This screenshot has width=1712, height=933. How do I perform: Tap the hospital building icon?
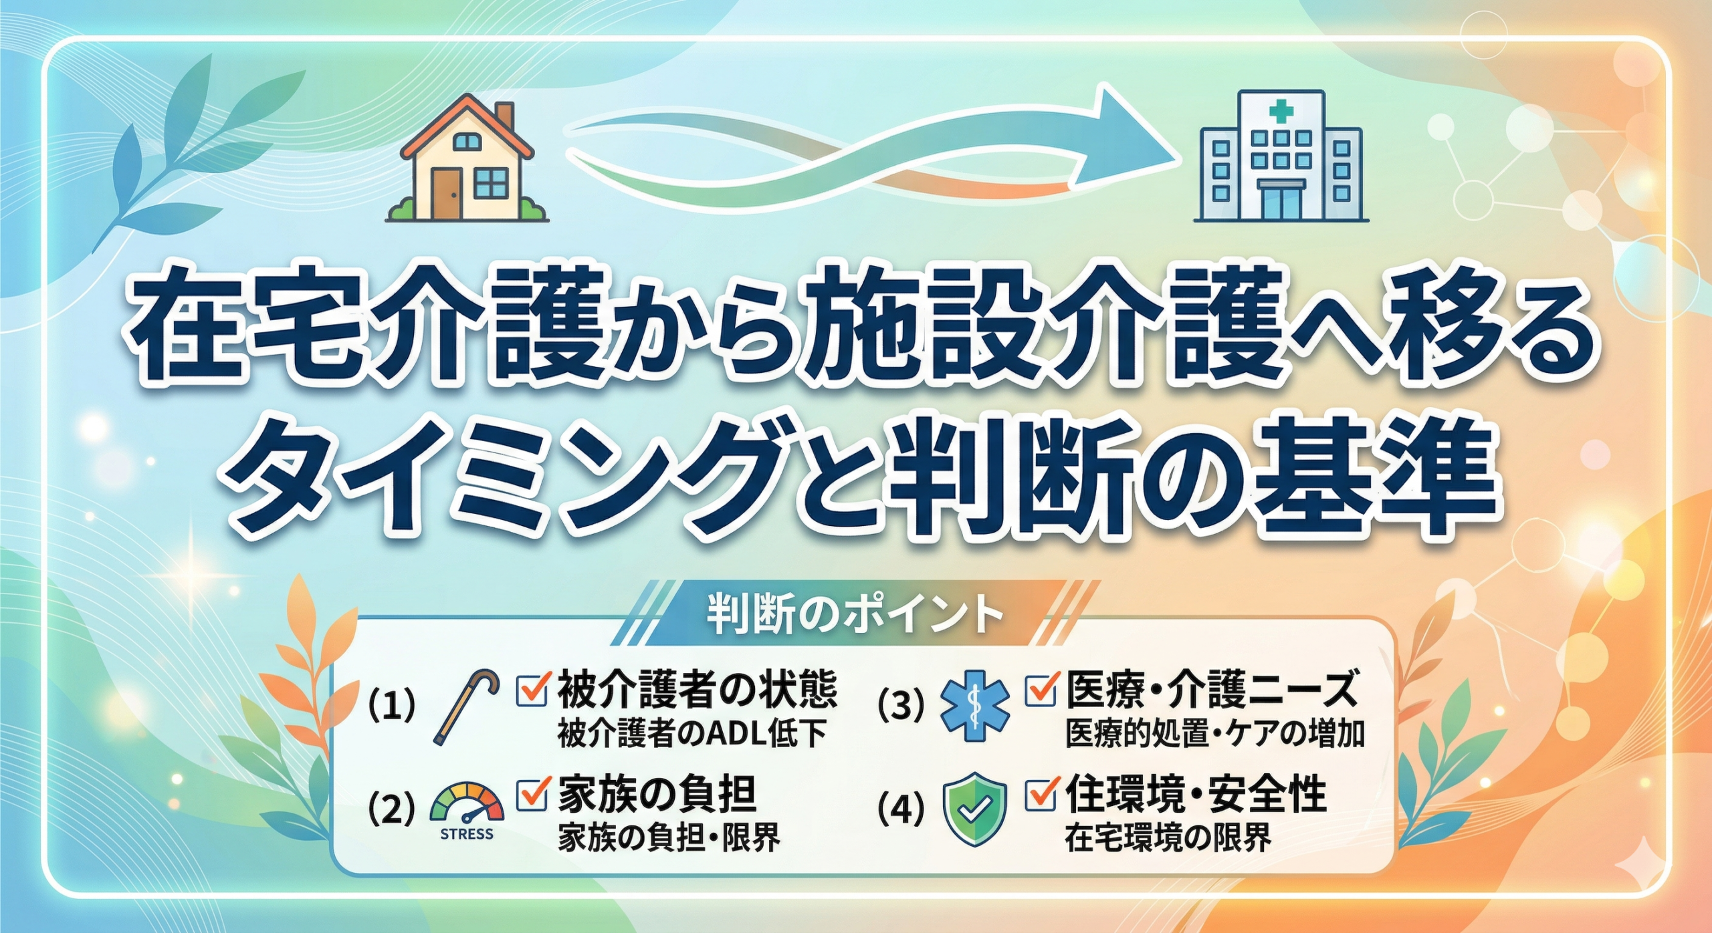pos(1281,164)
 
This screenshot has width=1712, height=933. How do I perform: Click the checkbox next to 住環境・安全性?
pos(1041,793)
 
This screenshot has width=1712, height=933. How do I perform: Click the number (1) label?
pos(393,706)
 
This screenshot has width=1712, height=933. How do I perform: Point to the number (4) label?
pos(901,811)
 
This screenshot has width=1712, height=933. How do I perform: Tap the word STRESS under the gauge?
pos(467,835)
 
